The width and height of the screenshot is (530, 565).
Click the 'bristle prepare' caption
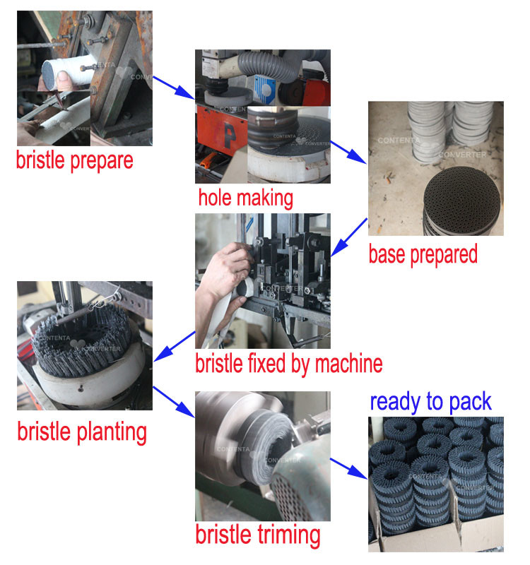[75, 161]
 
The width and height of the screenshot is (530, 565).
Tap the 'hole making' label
[245, 198]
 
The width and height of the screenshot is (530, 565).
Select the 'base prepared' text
[423, 255]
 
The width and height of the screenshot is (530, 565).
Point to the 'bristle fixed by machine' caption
[289, 364]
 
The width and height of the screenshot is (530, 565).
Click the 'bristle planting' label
[82, 432]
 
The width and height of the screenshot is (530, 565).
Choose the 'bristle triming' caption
[258, 535]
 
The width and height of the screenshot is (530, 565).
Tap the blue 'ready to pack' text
[431, 402]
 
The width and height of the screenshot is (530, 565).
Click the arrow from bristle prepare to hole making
[174, 88]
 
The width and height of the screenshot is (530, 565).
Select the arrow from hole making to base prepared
[348, 152]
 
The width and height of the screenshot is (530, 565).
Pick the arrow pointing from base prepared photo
[349, 237]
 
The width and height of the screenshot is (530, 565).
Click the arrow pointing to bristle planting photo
[175, 346]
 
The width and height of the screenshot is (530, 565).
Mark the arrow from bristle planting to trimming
[174, 402]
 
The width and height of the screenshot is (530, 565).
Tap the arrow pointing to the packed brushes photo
[348, 469]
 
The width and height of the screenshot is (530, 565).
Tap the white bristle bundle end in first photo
[54, 75]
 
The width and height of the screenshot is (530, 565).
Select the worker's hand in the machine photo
[226, 274]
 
